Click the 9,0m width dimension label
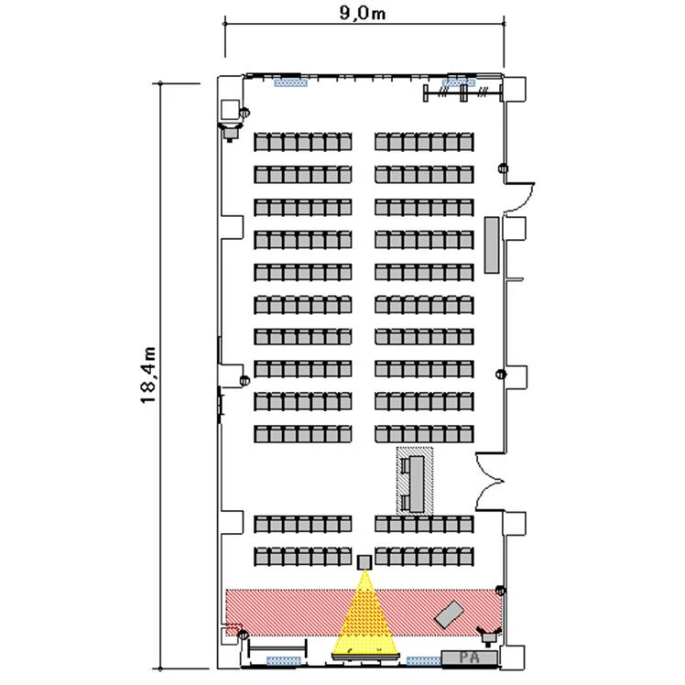(363, 13)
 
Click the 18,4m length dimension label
(148, 375)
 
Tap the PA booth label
(470, 658)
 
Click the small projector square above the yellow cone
(364, 562)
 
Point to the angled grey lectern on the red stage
(449, 614)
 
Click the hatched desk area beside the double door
(415, 480)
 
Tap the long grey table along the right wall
(492, 245)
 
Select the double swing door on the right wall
(490, 482)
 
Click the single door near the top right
(520, 198)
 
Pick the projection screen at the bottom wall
(365, 657)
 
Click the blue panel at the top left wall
(290, 82)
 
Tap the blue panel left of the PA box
(423, 660)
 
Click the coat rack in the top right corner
(463, 92)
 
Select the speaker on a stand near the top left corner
(230, 131)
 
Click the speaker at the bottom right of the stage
(488, 636)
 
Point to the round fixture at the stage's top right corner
(501, 591)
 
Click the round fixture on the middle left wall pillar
(245, 381)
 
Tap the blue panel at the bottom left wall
(284, 660)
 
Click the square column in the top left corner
(230, 110)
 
